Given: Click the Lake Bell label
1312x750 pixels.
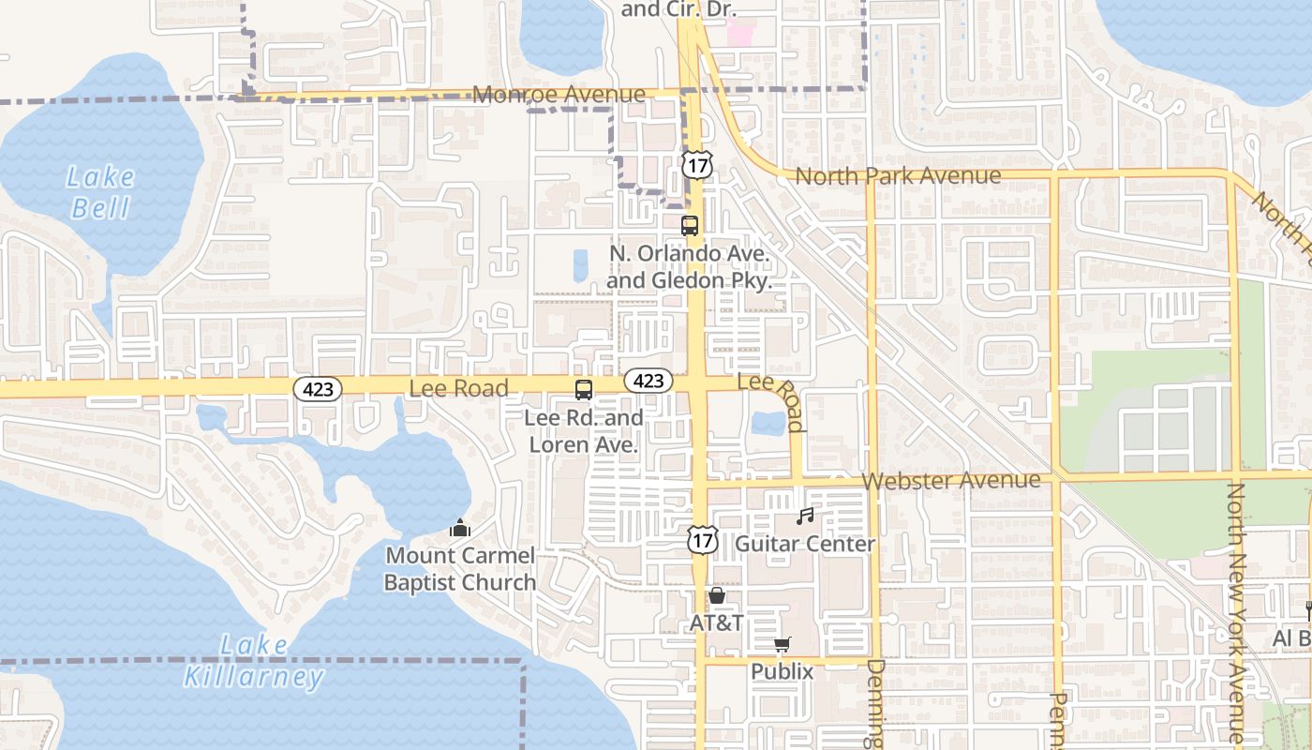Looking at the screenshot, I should tap(101, 192).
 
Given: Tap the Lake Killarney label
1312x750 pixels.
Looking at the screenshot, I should tap(253, 661).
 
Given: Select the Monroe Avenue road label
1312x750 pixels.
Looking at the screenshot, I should tap(559, 95).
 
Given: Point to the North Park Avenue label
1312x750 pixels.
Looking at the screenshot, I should tap(898, 175).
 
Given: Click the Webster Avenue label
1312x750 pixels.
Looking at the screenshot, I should tap(950, 480).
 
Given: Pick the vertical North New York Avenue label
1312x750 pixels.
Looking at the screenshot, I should tap(1236, 613).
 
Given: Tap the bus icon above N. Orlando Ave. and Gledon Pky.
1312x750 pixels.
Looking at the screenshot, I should tap(690, 225).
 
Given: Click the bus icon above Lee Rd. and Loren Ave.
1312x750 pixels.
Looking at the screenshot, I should tap(583, 389).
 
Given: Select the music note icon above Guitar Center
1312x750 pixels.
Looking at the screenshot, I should tap(804, 516).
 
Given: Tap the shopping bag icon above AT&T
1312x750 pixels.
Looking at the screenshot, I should tap(717, 595).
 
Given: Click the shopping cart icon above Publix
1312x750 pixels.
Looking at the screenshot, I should tap(783, 644).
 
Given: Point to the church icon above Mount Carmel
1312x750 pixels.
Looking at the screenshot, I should tap(459, 529).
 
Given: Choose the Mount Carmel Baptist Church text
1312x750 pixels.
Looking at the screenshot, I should tap(460, 569).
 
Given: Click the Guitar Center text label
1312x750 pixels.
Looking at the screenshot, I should tap(805, 544).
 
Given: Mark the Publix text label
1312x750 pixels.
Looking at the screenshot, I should tap(782, 672).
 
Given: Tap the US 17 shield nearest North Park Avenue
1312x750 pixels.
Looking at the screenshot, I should tap(696, 164).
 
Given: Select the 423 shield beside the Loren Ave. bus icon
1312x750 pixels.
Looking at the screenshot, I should tap(648, 380).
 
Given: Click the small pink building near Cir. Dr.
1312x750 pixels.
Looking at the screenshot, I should tap(741, 36).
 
